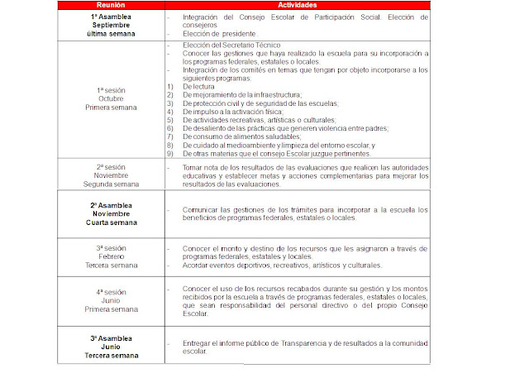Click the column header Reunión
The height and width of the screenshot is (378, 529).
coord(116,5)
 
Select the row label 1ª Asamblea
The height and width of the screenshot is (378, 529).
coord(116,17)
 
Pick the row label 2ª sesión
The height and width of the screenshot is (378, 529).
coord(116,165)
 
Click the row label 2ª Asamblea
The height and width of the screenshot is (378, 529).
coord(116,204)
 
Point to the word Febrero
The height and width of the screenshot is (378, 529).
coord(116,256)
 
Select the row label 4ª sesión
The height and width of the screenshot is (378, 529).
coord(116,291)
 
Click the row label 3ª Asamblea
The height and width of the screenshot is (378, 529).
coord(116,337)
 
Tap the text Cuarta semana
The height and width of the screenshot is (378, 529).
coord(116,222)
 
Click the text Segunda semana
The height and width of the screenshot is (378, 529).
coord(116,184)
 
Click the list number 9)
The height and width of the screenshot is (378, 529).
coord(169,154)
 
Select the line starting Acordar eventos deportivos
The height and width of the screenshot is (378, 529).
coord(282,266)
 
